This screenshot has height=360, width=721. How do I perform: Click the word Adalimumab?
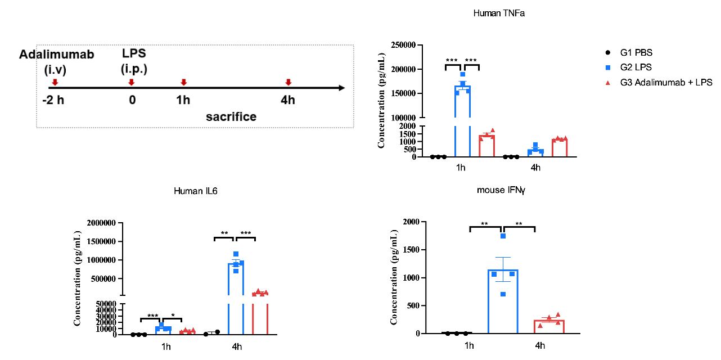click(56, 55)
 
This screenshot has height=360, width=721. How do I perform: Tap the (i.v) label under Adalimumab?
click(55, 70)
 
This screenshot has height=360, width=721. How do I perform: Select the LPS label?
click(134, 53)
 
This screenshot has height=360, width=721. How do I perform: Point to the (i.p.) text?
click(134, 69)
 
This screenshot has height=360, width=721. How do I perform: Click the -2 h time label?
click(53, 100)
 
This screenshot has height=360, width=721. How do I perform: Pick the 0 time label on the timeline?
click(132, 100)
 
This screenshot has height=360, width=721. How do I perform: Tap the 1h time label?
click(183, 100)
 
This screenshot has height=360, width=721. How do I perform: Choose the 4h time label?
click(288, 100)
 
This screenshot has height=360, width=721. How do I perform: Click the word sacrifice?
click(231, 116)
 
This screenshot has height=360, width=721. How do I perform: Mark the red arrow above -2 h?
click(55, 82)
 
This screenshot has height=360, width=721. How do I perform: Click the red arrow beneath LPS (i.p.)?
click(132, 82)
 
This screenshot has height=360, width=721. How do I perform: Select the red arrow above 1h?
click(183, 82)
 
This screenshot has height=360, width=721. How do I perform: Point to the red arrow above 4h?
click(289, 82)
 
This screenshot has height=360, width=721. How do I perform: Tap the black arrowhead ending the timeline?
click(342, 88)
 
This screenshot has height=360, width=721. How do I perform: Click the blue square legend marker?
click(608, 68)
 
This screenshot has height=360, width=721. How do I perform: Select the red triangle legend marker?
click(608, 83)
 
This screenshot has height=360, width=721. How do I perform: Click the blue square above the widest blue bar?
click(503, 236)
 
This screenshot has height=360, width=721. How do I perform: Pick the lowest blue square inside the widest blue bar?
click(503, 294)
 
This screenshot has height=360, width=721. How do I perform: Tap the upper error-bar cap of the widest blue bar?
click(503, 258)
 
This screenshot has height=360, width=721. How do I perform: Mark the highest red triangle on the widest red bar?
click(558, 314)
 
